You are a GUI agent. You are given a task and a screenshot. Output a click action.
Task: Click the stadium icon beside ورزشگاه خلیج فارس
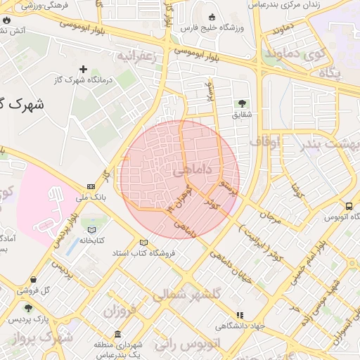[213, 17]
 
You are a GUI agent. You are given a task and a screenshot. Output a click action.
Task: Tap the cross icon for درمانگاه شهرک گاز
[84, 69]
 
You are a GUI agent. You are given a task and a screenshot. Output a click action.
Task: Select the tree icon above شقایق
[243, 103]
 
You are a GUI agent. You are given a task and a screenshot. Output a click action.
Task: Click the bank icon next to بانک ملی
[91, 186]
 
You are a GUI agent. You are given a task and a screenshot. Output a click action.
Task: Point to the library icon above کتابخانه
[91, 229]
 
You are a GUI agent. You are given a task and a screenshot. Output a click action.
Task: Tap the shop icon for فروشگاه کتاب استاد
[144, 242]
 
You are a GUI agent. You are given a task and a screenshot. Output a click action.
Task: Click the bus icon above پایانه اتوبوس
[349, 206]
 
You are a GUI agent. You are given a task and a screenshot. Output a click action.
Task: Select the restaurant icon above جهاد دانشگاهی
[240, 316]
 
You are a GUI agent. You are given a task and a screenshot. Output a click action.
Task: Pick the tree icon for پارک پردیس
[28, 308]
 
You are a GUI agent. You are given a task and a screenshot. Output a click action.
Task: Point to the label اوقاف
[264, 143]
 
